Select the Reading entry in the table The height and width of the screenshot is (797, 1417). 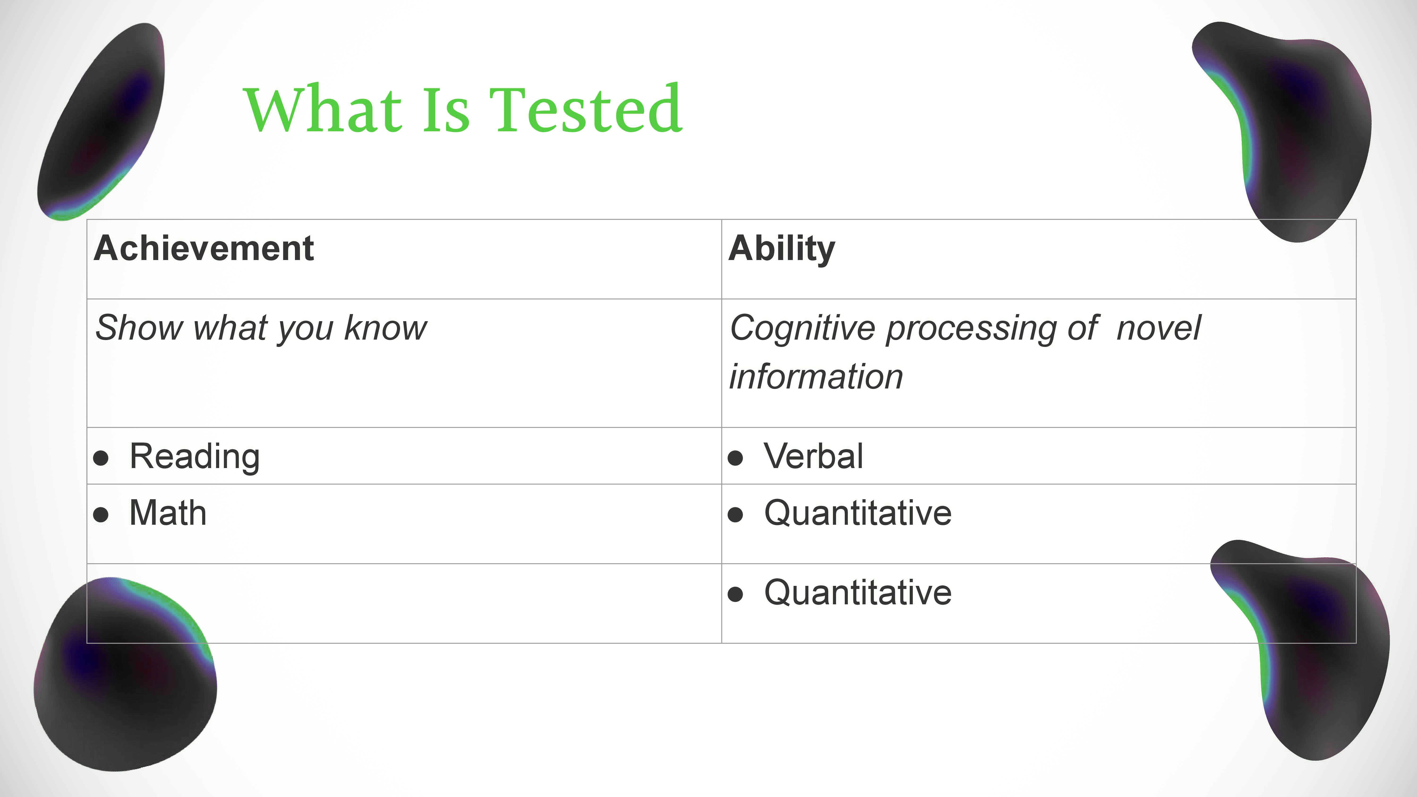coord(195,457)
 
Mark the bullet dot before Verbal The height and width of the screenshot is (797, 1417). coord(735,458)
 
